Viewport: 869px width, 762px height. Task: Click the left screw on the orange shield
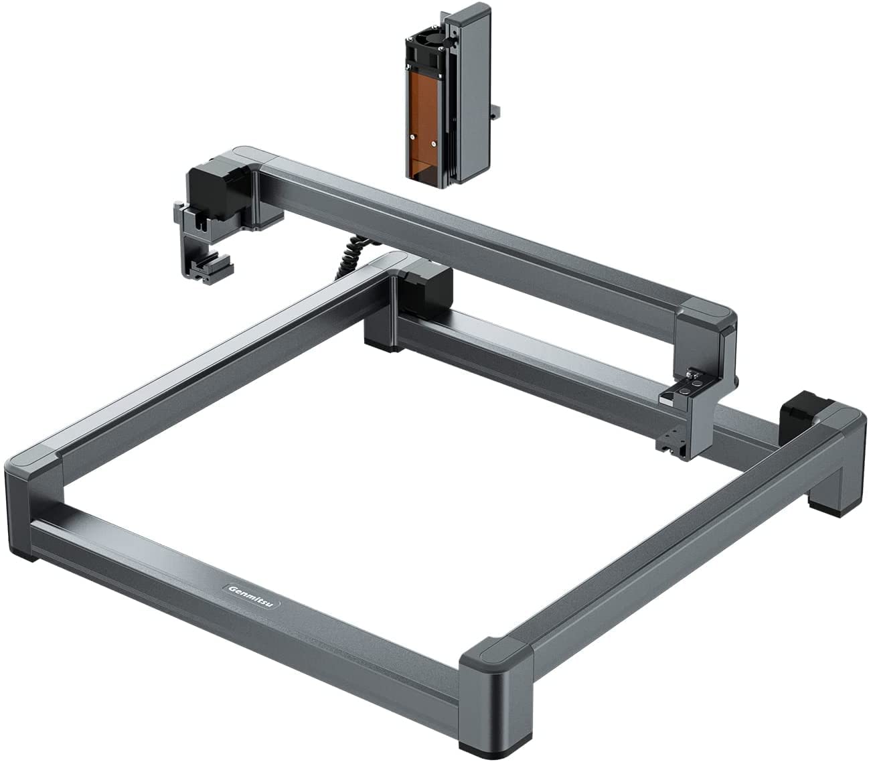412,137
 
